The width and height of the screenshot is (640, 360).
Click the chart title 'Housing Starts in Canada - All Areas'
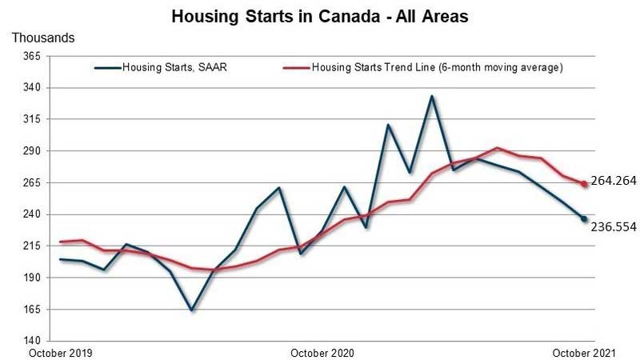pyautogui.click(x=320, y=16)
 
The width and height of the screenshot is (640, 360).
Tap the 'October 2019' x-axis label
pyautogui.click(x=59, y=352)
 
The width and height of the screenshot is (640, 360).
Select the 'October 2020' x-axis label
pyautogui.click(x=322, y=352)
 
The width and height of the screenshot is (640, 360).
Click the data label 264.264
pyautogui.click(x=613, y=181)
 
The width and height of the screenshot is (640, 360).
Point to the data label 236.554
pyautogui.click(x=613, y=226)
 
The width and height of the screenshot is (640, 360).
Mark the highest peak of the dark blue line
pyautogui.click(x=431, y=97)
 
